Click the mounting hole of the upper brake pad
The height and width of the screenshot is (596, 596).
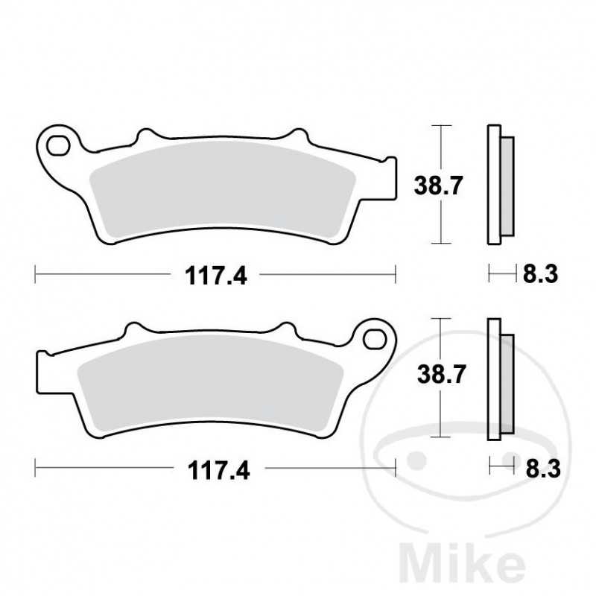coord(55,142)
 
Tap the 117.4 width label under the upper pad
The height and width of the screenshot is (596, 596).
coord(216,276)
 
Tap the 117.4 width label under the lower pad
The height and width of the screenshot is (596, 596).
coord(216,470)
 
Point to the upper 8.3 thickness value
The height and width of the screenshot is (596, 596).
coord(540,275)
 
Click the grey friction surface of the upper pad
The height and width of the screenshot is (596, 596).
coord(223,190)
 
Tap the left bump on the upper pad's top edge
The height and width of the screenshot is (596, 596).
coord(146,135)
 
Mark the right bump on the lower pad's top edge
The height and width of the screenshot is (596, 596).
coord(285,329)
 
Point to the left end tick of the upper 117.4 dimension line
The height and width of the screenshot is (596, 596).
coord(35,275)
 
